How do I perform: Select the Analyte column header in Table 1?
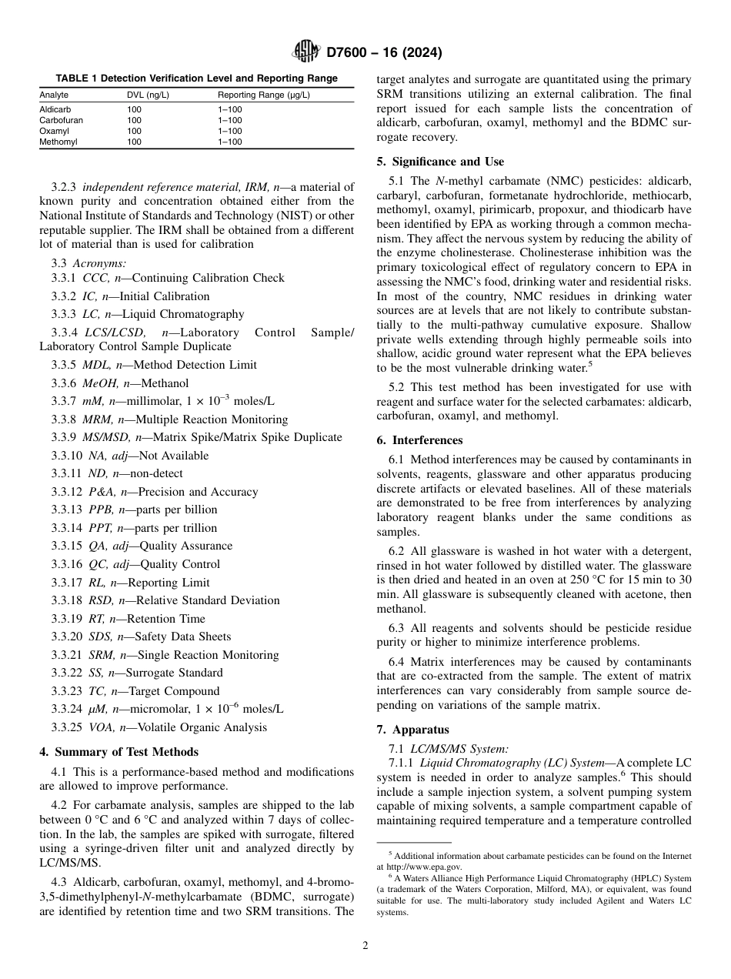(54, 95)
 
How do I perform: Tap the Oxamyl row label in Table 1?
(54, 131)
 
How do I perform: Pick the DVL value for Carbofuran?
(134, 120)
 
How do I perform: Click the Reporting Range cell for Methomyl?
(229, 142)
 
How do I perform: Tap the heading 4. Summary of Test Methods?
(119, 752)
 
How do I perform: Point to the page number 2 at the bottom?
(365, 946)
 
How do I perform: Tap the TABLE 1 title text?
(196, 78)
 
